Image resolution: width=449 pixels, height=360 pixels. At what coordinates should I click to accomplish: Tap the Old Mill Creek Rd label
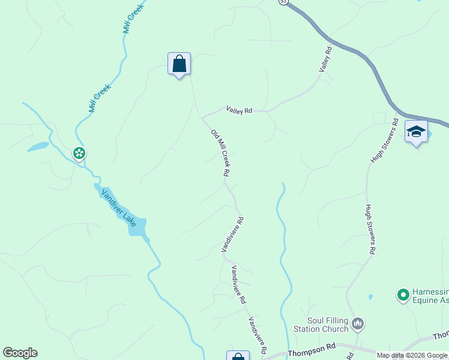(x=220, y=152)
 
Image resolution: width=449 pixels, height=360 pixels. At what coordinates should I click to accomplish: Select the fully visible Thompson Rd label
(x=311, y=349)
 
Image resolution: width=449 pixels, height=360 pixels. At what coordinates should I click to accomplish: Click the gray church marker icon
(x=358, y=325)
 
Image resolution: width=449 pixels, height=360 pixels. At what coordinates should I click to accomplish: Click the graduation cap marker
(x=415, y=131)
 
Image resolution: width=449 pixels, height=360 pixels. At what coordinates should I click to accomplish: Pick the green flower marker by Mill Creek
(x=79, y=153)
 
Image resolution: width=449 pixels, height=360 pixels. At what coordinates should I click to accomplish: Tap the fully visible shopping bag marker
(x=179, y=64)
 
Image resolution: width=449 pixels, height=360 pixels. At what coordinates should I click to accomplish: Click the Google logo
(x=20, y=353)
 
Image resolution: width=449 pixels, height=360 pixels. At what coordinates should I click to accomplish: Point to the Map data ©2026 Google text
(x=412, y=355)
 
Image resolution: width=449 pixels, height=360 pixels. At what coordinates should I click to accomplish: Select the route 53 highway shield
(x=283, y=2)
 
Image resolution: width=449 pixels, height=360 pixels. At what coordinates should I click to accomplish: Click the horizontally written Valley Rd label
(x=239, y=110)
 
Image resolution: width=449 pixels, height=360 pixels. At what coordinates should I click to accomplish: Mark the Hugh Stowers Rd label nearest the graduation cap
(x=385, y=140)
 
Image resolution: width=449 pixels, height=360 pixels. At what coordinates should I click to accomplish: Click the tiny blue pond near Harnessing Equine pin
(x=370, y=296)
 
